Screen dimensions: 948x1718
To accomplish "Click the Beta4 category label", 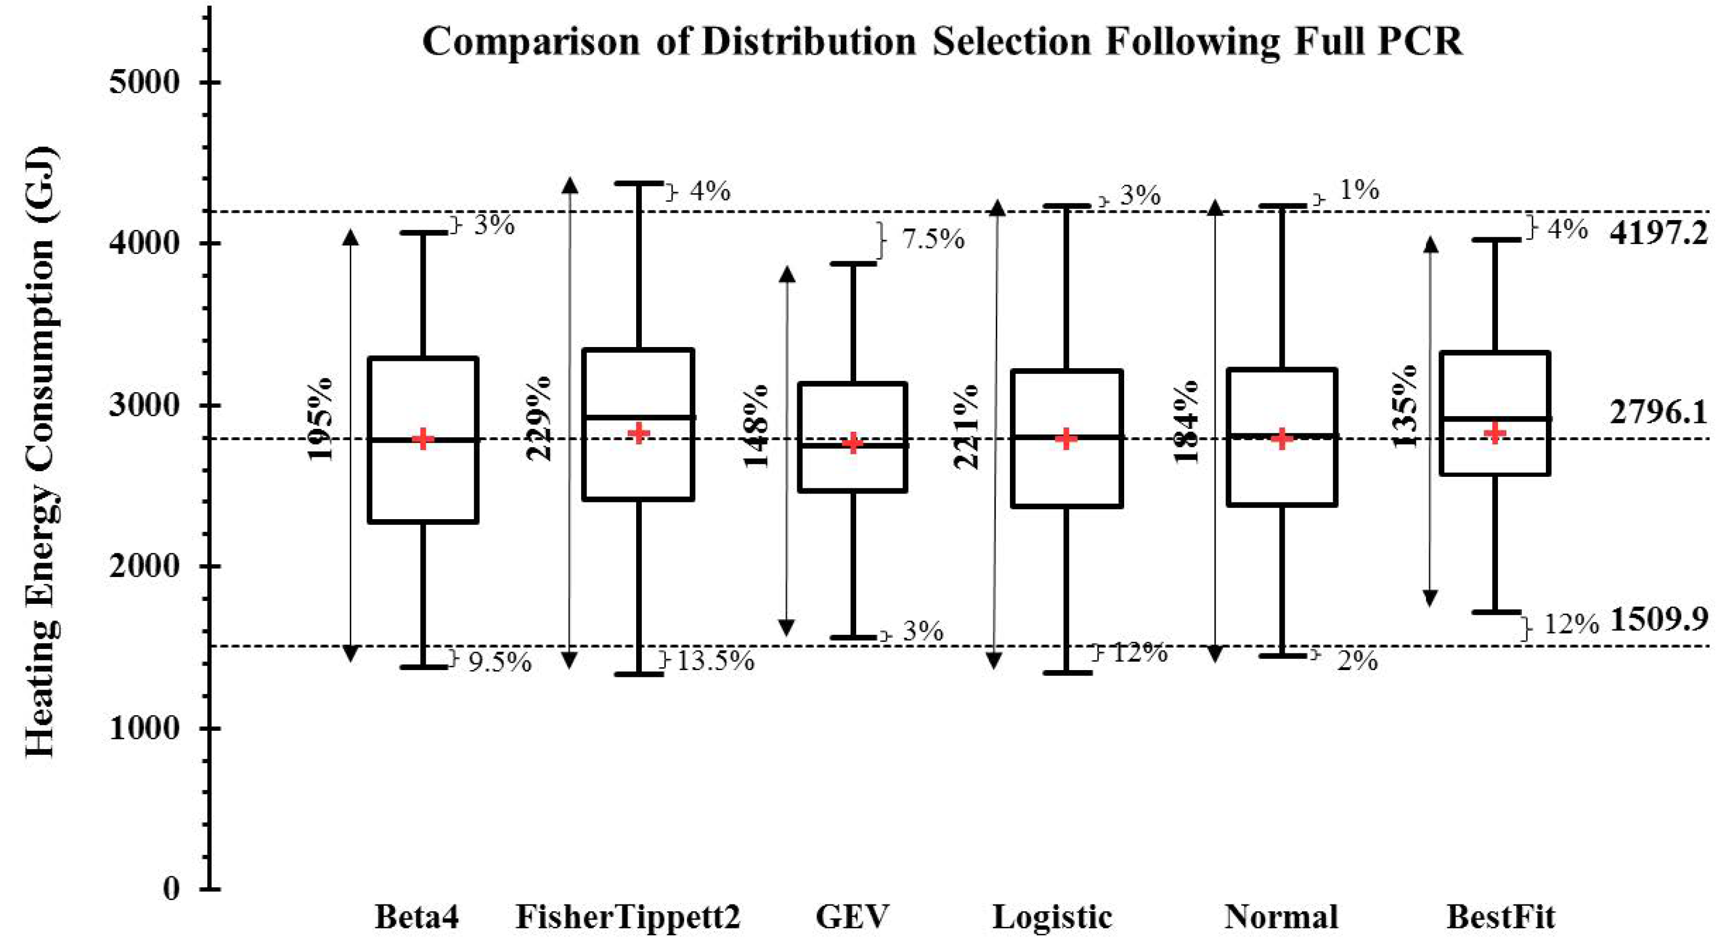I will (x=417, y=917).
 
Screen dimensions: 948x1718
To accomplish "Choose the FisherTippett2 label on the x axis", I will (x=628, y=917).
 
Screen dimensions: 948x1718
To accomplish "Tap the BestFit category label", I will (x=1501, y=917).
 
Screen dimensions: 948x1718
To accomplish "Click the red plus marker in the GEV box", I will (x=853, y=442).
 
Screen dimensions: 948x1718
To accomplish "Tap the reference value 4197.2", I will (x=1658, y=233).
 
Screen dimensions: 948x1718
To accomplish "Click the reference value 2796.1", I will (x=1658, y=413).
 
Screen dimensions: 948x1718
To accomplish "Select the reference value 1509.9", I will (x=1658, y=620).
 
